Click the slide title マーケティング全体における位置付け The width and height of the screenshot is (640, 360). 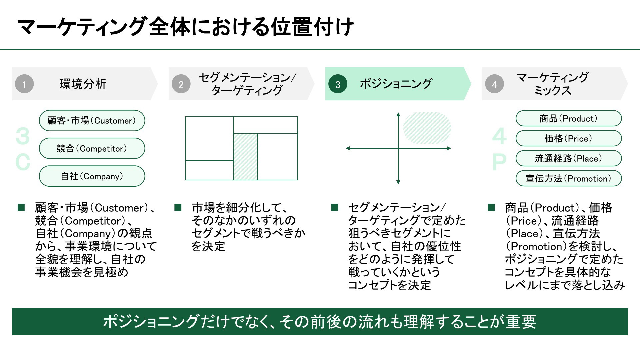pos(185,27)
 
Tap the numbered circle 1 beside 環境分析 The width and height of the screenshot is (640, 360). pos(24,84)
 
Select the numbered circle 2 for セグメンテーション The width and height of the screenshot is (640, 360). pos(181,84)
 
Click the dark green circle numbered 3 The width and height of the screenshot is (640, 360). pos(338,84)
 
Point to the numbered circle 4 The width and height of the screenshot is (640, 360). pos(494,84)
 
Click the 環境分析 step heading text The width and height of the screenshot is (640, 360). pos(83,84)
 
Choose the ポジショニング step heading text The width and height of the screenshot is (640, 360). pos(396,84)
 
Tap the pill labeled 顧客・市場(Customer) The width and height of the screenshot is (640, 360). pos(92,120)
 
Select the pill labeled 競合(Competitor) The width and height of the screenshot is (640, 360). pos(92,148)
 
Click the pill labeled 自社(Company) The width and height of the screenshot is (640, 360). pos(92,176)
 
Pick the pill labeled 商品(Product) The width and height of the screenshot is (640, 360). pos(569,118)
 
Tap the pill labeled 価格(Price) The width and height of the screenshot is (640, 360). pos(569,138)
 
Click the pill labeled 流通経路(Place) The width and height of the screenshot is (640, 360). pos(569,158)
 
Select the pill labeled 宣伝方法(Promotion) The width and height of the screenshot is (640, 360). pos(569,178)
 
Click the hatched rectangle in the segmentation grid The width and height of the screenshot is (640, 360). pos(246,157)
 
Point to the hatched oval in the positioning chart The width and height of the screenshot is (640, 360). pos(427,128)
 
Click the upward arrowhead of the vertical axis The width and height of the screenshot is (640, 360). pos(398,114)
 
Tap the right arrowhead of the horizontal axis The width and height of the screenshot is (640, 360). pos(449,148)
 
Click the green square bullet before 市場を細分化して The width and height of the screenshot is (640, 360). pos(178,208)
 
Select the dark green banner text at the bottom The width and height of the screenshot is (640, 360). pos(320,322)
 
